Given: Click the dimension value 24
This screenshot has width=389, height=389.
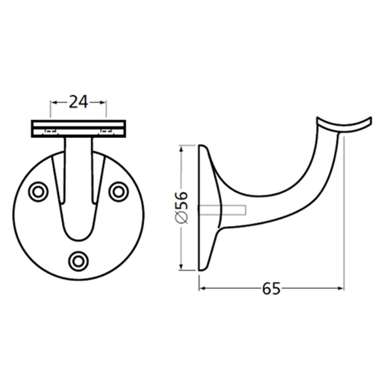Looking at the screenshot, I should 78,101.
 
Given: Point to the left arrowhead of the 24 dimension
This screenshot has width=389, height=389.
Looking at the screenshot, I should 54,102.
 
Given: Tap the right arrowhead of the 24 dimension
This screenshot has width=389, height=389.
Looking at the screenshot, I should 103,102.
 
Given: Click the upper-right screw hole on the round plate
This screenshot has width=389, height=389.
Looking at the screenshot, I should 118,191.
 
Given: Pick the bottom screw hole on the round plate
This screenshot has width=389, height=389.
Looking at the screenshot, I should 79,260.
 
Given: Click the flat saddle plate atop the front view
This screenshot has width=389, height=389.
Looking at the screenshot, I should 78,128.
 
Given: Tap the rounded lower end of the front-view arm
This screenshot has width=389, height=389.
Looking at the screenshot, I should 79,232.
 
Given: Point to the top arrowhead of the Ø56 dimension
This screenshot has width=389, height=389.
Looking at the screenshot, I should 181,150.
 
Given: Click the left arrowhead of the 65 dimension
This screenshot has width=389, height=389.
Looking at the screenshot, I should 202,288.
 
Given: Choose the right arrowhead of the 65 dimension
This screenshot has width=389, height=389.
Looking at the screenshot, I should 339,288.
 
